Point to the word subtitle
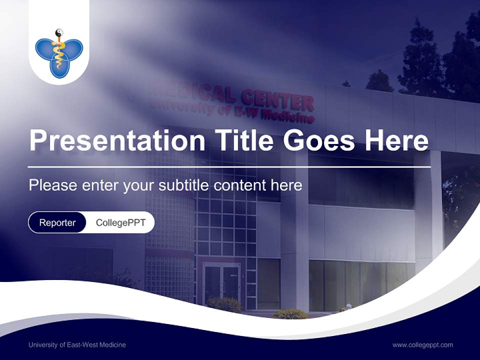(x=185, y=185)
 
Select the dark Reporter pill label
(x=57, y=222)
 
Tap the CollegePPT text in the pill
(x=120, y=222)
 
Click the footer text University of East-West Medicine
(x=77, y=344)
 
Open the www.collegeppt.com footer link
(x=422, y=344)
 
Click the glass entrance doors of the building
(x=221, y=282)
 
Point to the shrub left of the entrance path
(x=224, y=304)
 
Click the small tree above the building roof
(x=379, y=81)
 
